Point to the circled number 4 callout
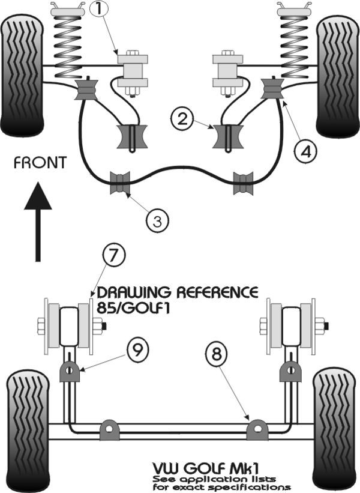pos(305,151)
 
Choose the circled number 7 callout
pos(113,256)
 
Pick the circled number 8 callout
pos(217,355)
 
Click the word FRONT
pos(40,163)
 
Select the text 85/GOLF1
pos(133,308)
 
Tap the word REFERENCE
pos(217,292)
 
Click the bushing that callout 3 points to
pos(119,183)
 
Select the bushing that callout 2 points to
pos(228,136)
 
